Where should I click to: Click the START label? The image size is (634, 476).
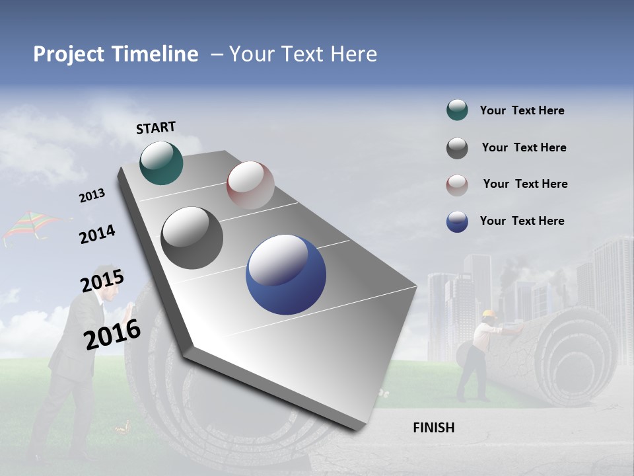pyautogui.click(x=156, y=128)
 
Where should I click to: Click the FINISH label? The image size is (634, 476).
pyautogui.click(x=433, y=428)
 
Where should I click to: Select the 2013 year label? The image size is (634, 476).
pyautogui.click(x=92, y=196)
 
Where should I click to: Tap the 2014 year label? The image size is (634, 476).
pyautogui.click(x=97, y=235)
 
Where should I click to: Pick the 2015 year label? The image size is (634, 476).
pyautogui.click(x=102, y=282)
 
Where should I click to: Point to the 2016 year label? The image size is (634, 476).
pyautogui.click(x=112, y=334)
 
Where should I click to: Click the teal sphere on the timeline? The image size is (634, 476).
pyautogui.click(x=161, y=163)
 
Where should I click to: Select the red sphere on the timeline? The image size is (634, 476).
pyautogui.click(x=250, y=184)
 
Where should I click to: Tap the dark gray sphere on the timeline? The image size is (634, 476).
pyautogui.click(x=192, y=238)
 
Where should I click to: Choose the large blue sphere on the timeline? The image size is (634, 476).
pyautogui.click(x=286, y=274)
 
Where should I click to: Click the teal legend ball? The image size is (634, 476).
pyautogui.click(x=457, y=110)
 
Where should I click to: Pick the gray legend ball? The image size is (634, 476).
pyautogui.click(x=457, y=148)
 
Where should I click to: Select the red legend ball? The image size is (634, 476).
pyautogui.click(x=457, y=185)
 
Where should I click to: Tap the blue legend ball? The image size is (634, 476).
pyautogui.click(x=457, y=221)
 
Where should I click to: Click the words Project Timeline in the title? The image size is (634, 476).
pyautogui.click(x=116, y=54)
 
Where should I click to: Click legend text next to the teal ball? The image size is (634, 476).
pyautogui.click(x=522, y=111)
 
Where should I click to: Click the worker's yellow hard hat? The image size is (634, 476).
pyautogui.click(x=488, y=313)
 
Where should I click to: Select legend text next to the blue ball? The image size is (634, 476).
pyautogui.click(x=522, y=221)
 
